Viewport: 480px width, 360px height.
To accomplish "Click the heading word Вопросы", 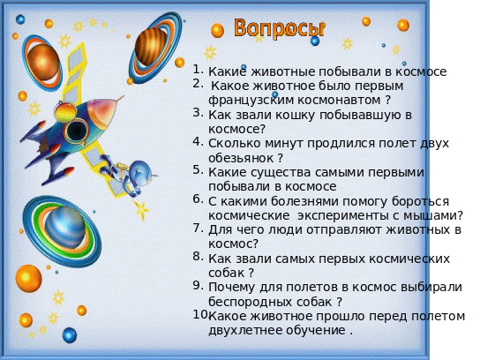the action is click(x=279, y=28).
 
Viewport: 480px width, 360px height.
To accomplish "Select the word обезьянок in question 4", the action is click(x=241, y=158).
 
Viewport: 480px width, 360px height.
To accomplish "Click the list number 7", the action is click(x=198, y=228).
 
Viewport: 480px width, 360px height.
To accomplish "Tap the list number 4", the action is click(x=198, y=142).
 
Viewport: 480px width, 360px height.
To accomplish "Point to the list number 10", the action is click(x=200, y=314).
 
